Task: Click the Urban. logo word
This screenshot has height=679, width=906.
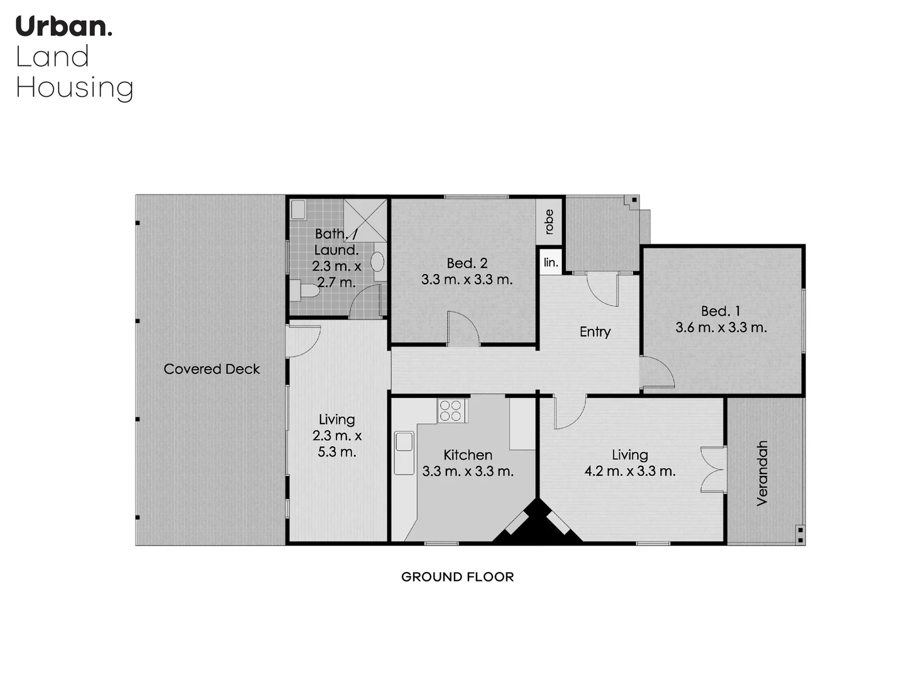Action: pyautogui.click(x=64, y=26)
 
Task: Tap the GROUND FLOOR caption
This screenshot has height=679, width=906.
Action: pyautogui.click(x=457, y=577)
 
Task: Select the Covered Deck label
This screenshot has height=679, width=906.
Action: pyautogui.click(x=211, y=369)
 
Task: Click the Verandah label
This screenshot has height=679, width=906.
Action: pyautogui.click(x=762, y=473)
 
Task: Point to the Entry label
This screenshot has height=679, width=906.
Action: pyautogui.click(x=595, y=331)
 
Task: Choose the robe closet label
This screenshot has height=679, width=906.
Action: pyautogui.click(x=549, y=221)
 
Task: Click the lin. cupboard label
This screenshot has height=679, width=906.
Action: pyautogui.click(x=551, y=262)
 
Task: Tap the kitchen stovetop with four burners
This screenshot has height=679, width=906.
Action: pyautogui.click(x=451, y=411)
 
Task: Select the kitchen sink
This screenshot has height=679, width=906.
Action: pyautogui.click(x=404, y=452)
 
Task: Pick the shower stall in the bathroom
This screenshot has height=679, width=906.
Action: pyautogui.click(x=365, y=219)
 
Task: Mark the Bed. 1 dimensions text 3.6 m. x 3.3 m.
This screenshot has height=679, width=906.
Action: pyautogui.click(x=721, y=328)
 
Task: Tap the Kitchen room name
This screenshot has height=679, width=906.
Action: pyautogui.click(x=467, y=455)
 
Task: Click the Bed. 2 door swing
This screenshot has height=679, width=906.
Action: pyautogui.click(x=463, y=329)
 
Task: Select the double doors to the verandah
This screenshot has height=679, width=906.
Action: pyautogui.click(x=714, y=469)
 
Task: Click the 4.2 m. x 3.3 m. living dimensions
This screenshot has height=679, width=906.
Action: pyautogui.click(x=629, y=471)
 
